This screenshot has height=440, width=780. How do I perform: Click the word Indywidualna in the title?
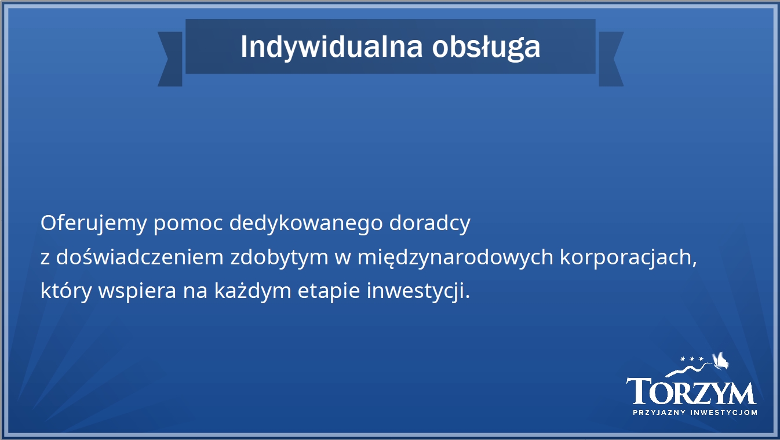(331, 48)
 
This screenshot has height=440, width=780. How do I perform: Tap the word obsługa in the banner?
(486, 48)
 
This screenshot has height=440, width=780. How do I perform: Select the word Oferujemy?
(94, 223)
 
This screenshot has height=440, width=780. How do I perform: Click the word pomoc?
(188, 224)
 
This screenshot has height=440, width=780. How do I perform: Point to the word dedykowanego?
(306, 223)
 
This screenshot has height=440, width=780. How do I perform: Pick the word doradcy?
(430, 223)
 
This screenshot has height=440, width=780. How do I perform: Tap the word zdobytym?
(279, 257)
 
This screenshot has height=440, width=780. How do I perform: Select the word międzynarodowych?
(455, 257)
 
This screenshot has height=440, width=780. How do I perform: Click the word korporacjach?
(628, 257)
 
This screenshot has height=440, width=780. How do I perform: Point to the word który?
(66, 291)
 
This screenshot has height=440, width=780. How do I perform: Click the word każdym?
(253, 291)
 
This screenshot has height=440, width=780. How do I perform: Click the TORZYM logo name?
(691, 391)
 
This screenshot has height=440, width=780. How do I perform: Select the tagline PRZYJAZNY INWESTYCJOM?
(695, 413)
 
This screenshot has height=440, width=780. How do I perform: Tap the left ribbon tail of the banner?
(170, 59)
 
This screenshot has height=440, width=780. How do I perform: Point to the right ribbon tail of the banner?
(611, 59)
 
